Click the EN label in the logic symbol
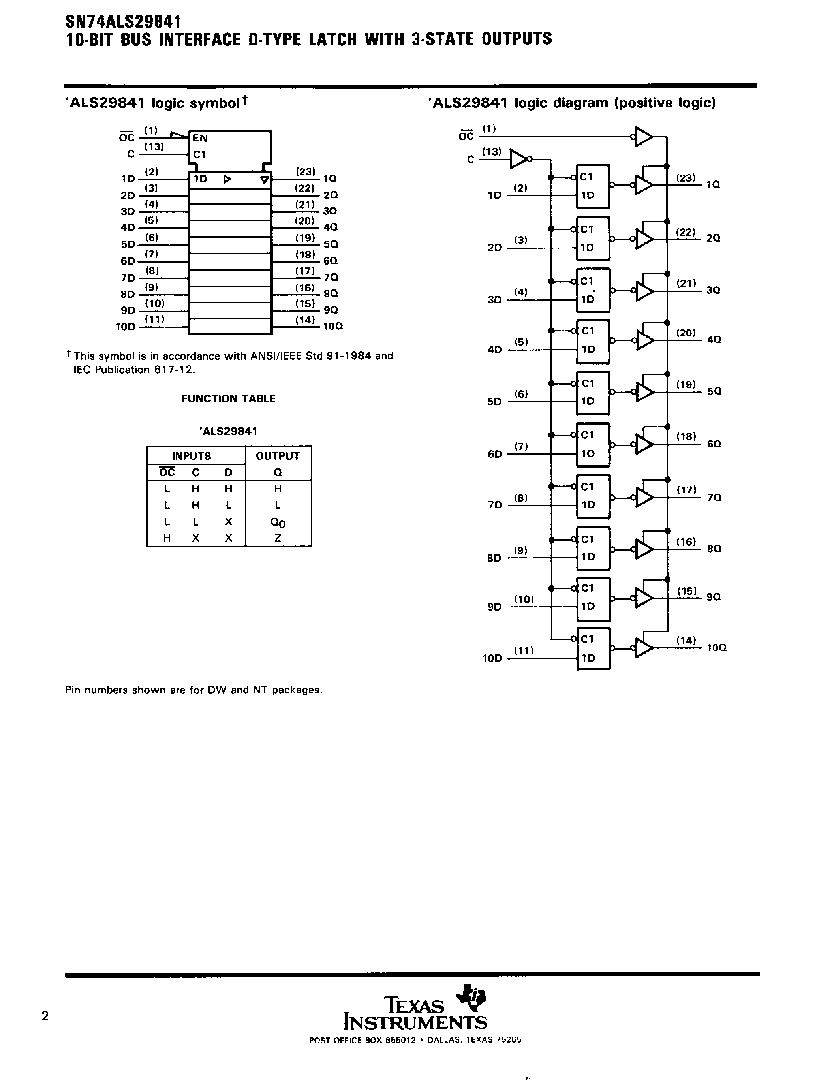(200, 139)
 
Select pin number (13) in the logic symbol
(154, 147)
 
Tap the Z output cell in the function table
(278, 538)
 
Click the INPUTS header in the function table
(191, 456)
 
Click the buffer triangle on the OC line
(643, 137)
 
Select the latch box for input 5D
(593, 393)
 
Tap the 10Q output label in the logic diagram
(716, 648)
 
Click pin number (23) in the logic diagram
(686, 178)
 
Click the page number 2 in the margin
(45, 1016)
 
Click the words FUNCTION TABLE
(228, 398)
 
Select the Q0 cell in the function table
(278, 522)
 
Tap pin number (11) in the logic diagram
(524, 651)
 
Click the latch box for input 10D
(593, 649)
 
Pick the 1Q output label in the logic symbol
(330, 178)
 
